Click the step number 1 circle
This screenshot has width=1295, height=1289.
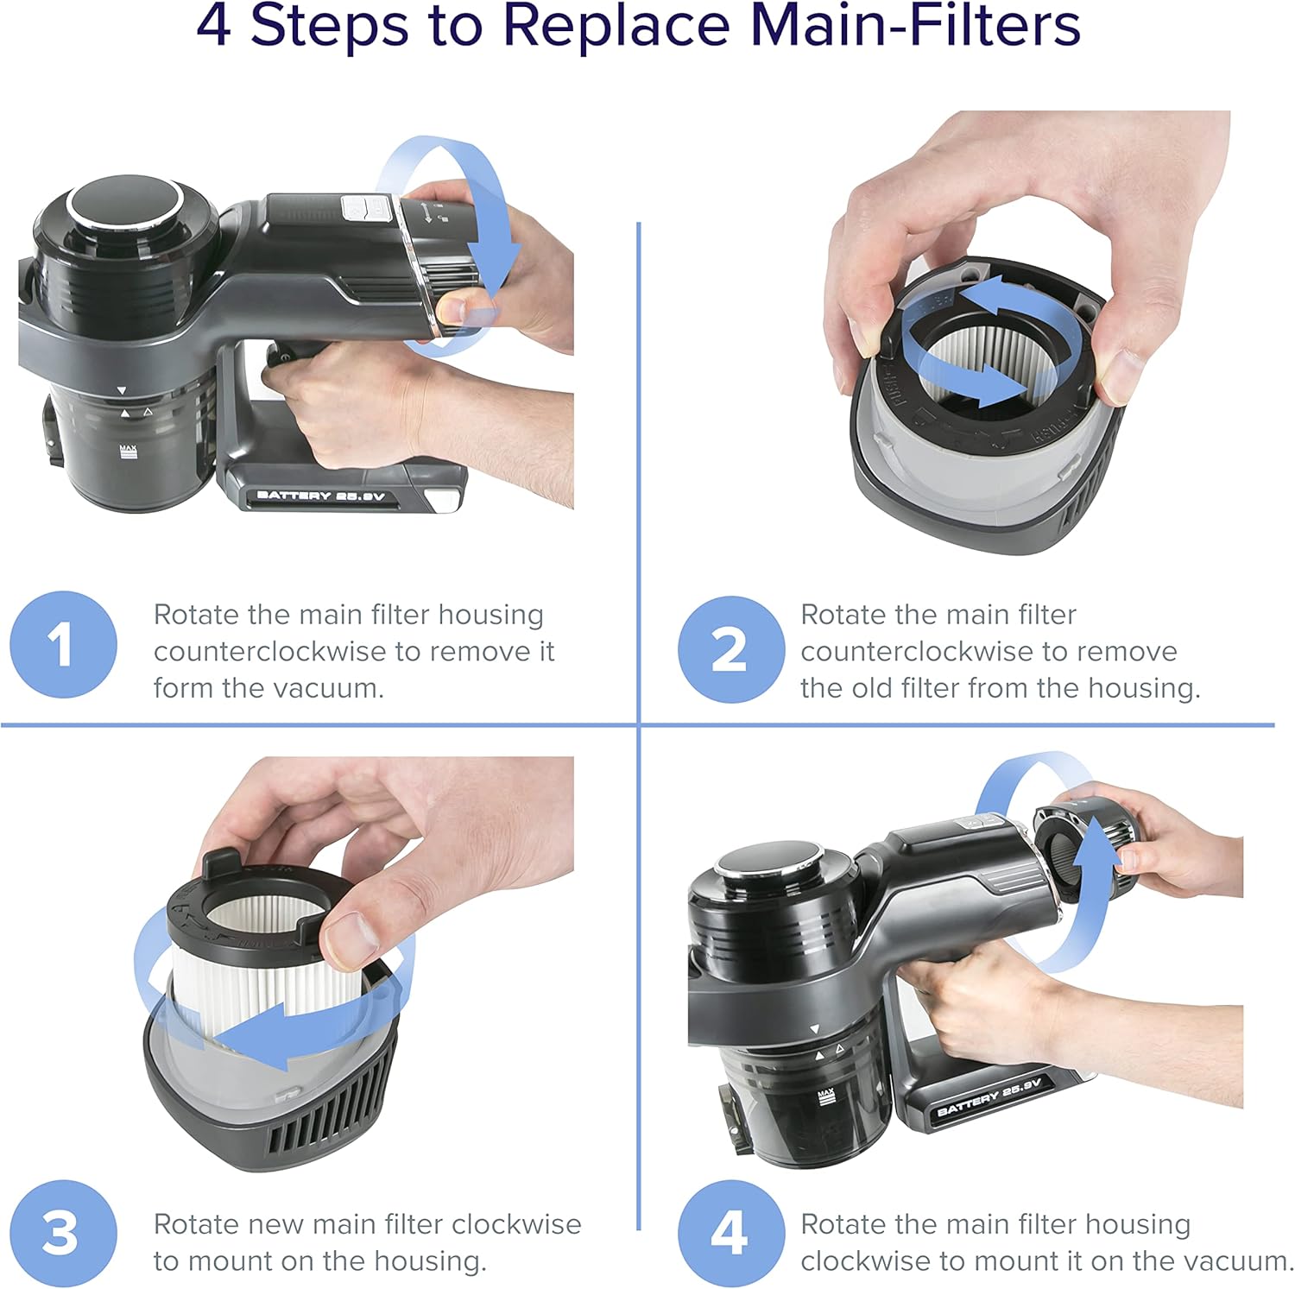click(x=63, y=644)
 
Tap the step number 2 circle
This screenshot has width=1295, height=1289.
click(x=730, y=648)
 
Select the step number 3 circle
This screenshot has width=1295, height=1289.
click(x=63, y=1233)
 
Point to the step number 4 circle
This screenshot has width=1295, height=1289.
click(x=730, y=1233)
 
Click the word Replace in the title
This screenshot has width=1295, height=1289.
click(x=616, y=26)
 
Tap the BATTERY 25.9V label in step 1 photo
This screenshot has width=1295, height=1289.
click(x=319, y=496)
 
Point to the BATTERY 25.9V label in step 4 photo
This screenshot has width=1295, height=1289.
click(x=989, y=1098)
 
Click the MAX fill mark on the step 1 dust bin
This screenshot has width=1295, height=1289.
click(x=128, y=451)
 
